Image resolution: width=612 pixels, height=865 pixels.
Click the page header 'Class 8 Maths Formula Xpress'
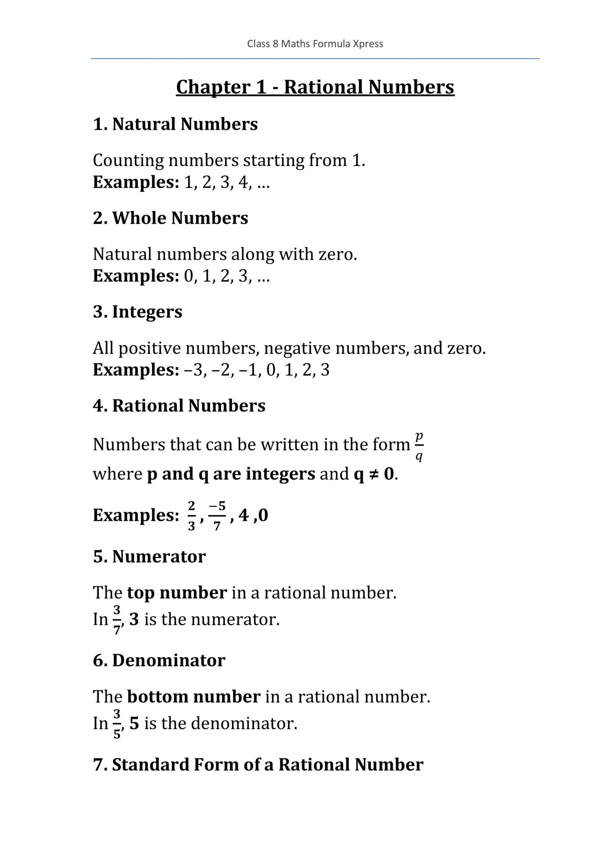tap(315, 44)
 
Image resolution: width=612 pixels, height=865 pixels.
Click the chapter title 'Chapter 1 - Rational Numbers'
tap(315, 87)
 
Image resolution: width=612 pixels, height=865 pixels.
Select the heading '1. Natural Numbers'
tap(175, 124)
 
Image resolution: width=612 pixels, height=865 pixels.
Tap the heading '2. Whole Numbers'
tap(170, 218)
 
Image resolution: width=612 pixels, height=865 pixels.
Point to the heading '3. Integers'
tap(137, 312)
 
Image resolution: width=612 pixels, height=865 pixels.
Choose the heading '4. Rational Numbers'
tap(179, 405)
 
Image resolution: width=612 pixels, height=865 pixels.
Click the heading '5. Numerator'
tap(149, 556)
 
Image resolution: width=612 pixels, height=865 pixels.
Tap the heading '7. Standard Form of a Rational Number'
tap(258, 765)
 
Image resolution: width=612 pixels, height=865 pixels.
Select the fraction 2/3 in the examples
tap(191, 516)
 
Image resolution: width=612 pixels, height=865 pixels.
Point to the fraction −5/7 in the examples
tap(217, 516)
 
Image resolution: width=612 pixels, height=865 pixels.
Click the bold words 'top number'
tap(177, 593)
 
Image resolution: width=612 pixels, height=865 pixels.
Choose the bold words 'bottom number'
tap(194, 697)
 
